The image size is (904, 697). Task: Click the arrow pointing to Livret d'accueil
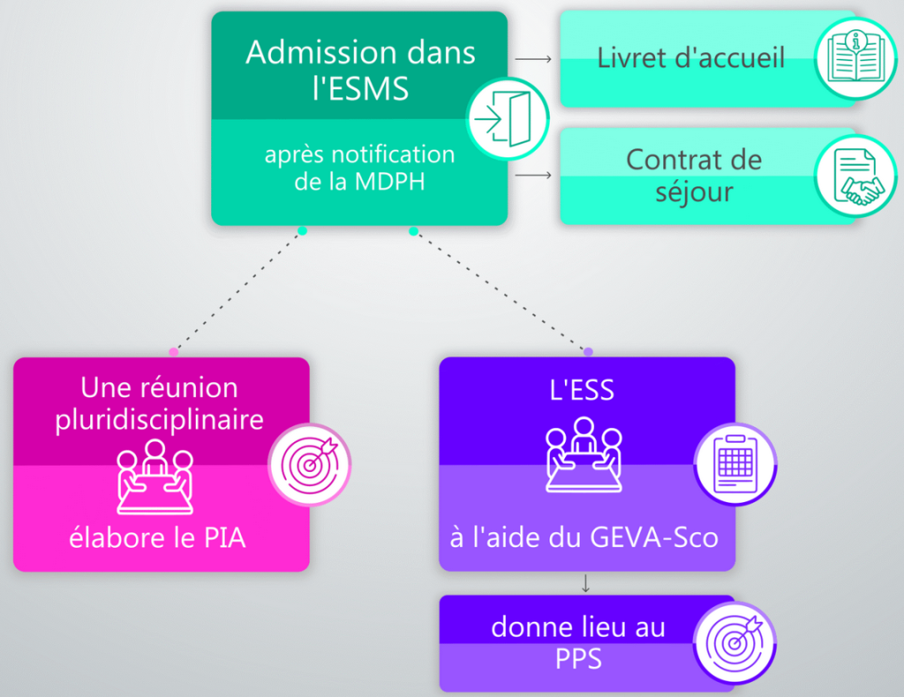click(x=533, y=59)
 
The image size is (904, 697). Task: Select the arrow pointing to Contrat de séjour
click(x=533, y=175)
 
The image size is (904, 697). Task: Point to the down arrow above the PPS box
click(x=585, y=583)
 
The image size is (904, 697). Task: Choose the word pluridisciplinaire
click(x=160, y=419)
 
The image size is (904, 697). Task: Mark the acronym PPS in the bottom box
click(x=579, y=658)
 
